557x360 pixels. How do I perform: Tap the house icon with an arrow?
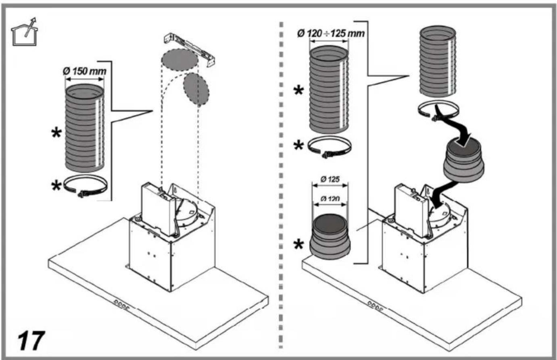coord(24,32)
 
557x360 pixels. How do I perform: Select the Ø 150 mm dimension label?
coord(85,71)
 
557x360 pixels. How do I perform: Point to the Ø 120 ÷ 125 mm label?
coord(331,33)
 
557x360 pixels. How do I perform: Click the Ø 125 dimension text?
coord(330,179)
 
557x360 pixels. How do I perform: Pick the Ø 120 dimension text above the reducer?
coord(330,199)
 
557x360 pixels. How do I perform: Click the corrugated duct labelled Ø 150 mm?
coord(85,128)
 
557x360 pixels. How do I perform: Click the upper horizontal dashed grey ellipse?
coord(179,60)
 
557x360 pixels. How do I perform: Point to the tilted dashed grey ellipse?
coord(196,89)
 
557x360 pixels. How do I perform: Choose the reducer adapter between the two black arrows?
coord(464,159)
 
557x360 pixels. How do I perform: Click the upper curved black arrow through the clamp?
coord(453,125)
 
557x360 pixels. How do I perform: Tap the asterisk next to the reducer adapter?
coord(298,245)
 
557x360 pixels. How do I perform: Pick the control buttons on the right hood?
coord(376,306)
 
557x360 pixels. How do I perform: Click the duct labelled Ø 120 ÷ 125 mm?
coord(329,89)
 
